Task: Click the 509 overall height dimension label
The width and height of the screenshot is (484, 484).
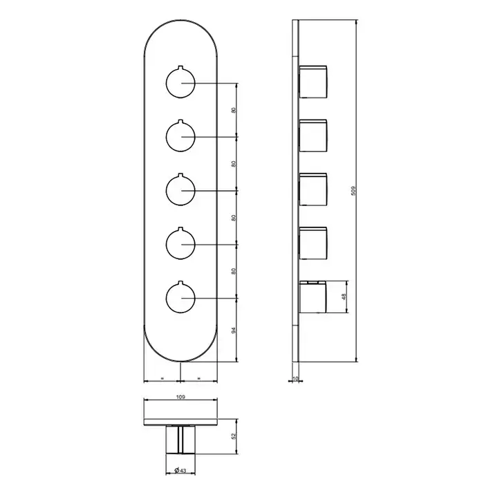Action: (x=354, y=190)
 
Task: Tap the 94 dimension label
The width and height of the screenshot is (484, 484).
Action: (x=234, y=331)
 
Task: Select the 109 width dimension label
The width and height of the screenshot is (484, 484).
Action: (x=180, y=397)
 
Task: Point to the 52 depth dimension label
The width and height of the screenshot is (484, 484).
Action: (x=234, y=436)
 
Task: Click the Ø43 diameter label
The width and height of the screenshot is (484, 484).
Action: (x=180, y=470)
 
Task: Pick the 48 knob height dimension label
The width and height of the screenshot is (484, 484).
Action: (x=344, y=297)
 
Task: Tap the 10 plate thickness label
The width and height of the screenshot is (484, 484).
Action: (x=295, y=378)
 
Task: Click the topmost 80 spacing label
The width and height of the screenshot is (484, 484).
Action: (x=234, y=110)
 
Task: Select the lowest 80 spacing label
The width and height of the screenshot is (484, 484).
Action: (x=234, y=272)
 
